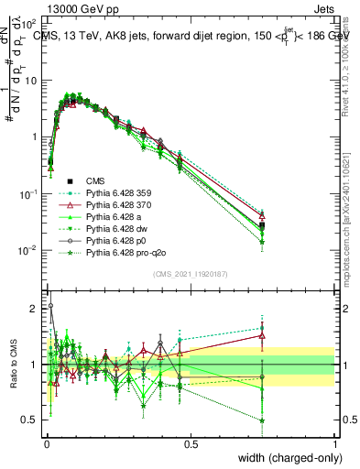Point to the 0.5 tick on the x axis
(x=191, y=444)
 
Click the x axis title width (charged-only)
(x=289, y=459)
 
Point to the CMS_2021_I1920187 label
(x=191, y=273)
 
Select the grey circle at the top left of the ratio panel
(x=49, y=306)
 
